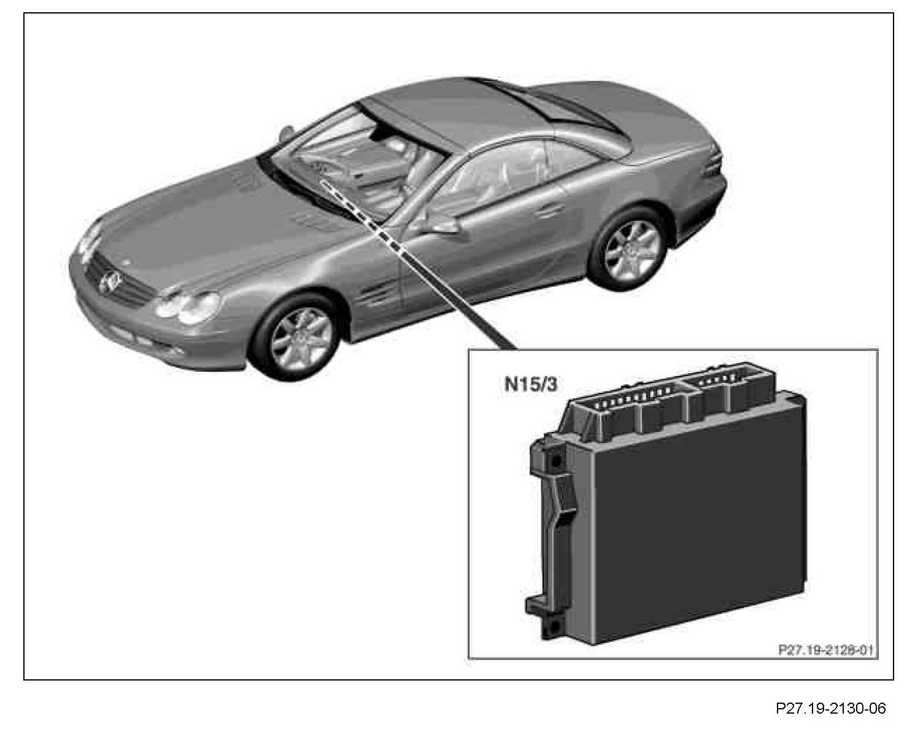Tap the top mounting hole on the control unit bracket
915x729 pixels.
click(x=556, y=460)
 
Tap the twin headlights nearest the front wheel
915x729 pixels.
click(x=187, y=305)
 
